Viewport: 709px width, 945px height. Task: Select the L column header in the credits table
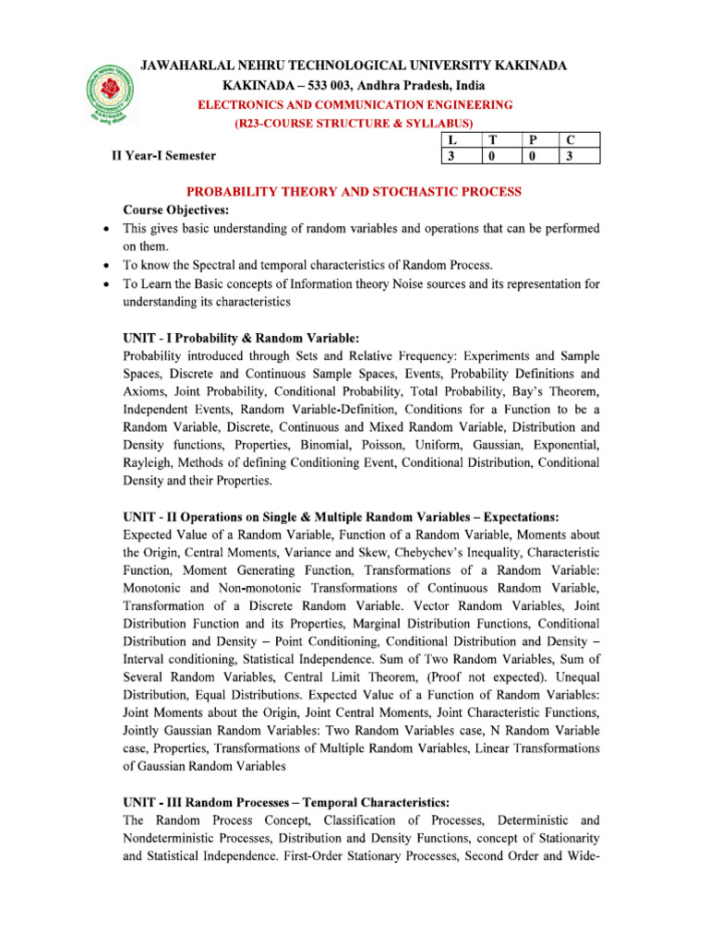(x=451, y=140)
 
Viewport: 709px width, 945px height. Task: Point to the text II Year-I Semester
(x=163, y=156)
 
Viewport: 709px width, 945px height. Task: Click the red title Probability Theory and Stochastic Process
(x=354, y=192)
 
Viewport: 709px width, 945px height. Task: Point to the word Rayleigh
(x=148, y=462)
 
